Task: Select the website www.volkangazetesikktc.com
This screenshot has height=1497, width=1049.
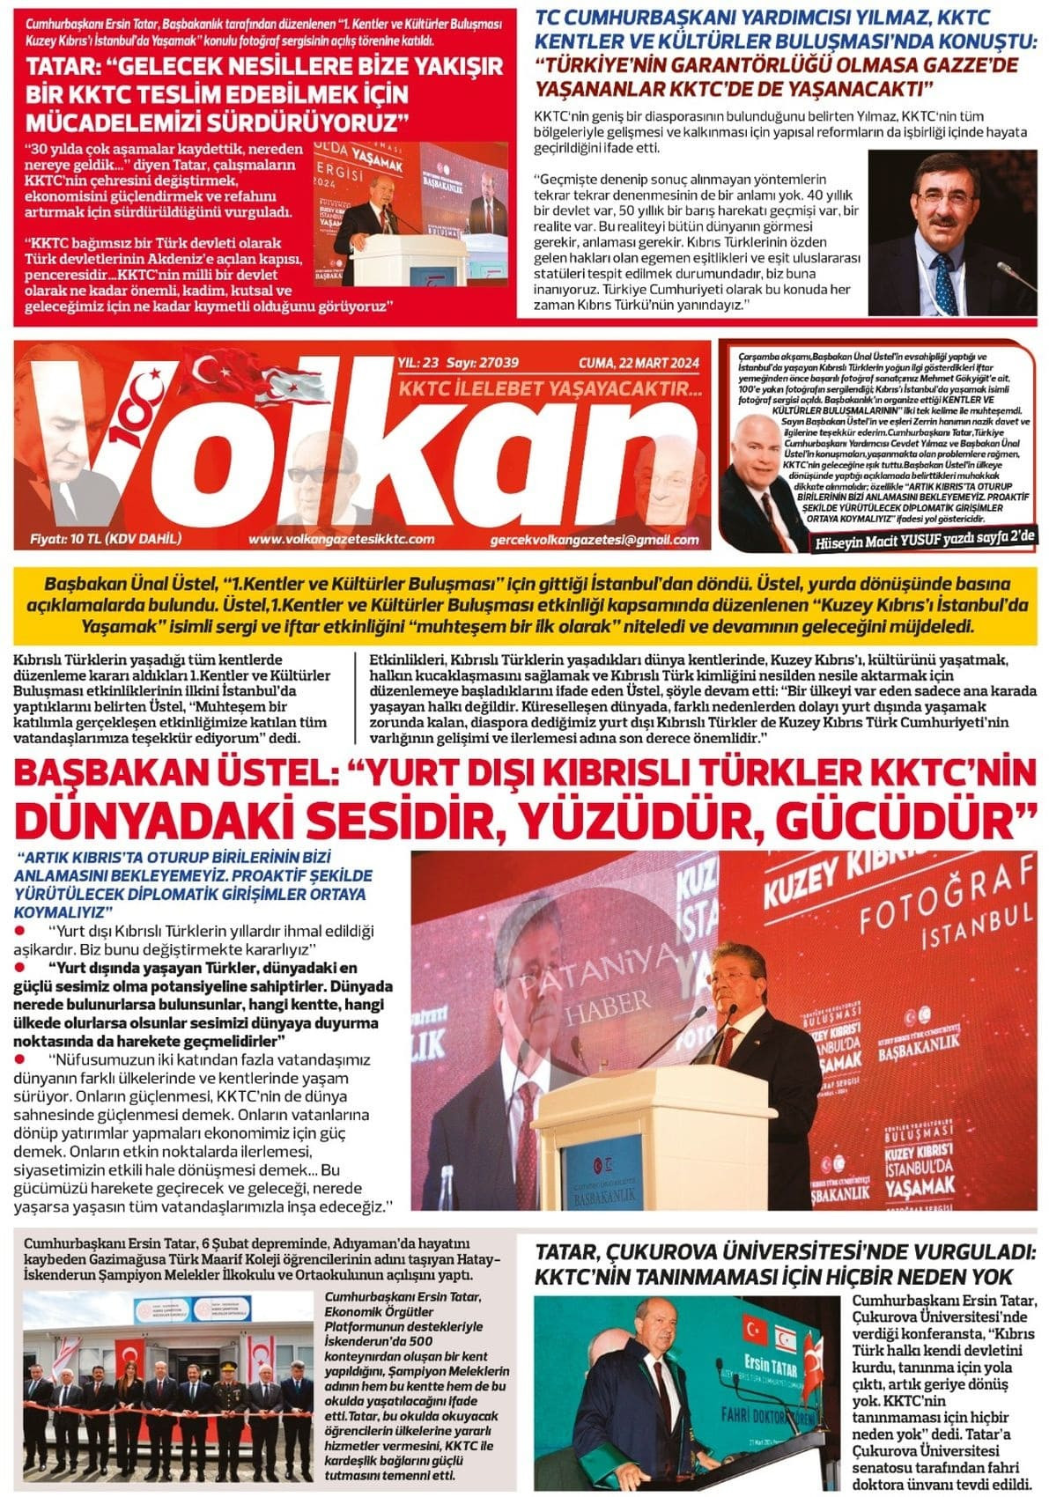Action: (342, 539)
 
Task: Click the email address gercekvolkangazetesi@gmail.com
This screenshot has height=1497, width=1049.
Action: (595, 540)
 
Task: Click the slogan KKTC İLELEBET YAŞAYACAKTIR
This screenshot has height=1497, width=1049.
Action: (550, 388)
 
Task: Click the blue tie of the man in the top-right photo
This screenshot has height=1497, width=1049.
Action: (946, 282)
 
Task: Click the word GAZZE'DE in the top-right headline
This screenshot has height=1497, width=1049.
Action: (960, 64)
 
